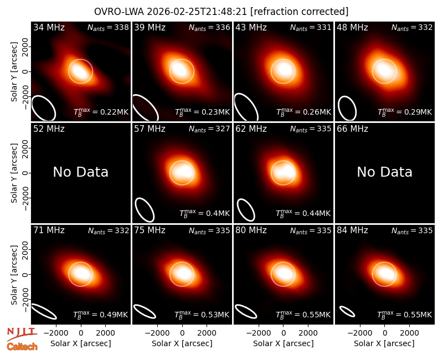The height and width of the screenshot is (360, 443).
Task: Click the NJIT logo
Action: click(22, 334)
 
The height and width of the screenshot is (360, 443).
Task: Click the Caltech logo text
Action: click(22, 347)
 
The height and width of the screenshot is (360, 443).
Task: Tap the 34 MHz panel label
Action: click(49, 27)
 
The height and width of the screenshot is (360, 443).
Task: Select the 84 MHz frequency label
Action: click(352, 230)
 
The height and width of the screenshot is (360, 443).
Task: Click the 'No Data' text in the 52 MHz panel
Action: click(81, 172)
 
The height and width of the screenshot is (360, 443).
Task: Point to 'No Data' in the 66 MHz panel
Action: click(384, 172)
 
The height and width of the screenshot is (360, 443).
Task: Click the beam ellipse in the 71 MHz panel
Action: click(44, 311)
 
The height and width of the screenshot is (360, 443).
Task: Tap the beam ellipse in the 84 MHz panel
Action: click(347, 311)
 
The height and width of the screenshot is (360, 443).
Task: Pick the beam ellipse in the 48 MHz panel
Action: click(347, 108)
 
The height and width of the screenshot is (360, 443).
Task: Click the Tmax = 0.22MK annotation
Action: click(101, 112)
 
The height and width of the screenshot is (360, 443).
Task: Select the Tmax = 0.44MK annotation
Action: click(303, 213)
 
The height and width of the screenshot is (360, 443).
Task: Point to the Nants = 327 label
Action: click(209, 129)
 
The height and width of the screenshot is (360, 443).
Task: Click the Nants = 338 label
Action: click(108, 27)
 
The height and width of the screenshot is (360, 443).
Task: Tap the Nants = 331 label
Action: click(311, 27)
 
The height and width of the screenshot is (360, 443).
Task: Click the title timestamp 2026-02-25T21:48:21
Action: click(197, 12)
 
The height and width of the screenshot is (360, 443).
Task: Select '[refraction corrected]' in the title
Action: click(300, 12)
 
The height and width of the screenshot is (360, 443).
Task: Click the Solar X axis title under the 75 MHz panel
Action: click(182, 343)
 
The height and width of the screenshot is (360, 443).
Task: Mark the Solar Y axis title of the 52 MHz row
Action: click(14, 173)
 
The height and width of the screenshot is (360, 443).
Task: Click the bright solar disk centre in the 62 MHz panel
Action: click(284, 173)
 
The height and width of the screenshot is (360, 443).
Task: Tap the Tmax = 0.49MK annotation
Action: click(101, 315)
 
